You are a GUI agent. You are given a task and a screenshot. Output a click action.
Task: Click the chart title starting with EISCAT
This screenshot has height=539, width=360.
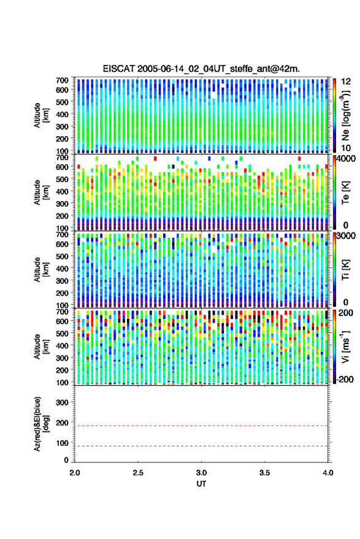(x=201, y=69)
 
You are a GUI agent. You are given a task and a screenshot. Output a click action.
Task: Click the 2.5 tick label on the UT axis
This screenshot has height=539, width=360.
(x=138, y=473)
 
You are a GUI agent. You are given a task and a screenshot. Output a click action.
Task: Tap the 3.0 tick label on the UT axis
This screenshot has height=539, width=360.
(x=201, y=473)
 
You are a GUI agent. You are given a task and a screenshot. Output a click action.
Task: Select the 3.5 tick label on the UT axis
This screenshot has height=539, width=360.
(x=264, y=473)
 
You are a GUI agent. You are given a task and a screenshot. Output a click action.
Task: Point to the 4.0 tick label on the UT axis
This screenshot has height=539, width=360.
(x=327, y=473)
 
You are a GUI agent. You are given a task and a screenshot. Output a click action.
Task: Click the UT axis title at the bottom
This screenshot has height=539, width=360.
(x=201, y=484)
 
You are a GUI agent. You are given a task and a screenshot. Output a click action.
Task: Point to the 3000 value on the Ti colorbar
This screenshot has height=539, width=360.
(x=346, y=236)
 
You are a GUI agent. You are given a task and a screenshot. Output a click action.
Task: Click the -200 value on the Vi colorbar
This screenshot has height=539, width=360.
(x=345, y=380)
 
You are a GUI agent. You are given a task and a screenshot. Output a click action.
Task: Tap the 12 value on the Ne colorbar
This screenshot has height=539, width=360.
(x=346, y=82)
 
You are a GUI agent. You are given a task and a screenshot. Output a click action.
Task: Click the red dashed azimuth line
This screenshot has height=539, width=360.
(x=201, y=426)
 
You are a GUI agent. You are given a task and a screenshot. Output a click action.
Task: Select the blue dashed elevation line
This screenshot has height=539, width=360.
(x=201, y=446)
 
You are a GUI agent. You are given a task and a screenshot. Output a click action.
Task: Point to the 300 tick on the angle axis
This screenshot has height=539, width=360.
(x=62, y=402)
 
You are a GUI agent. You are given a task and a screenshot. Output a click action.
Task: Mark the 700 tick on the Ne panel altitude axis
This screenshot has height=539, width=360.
(x=62, y=80)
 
